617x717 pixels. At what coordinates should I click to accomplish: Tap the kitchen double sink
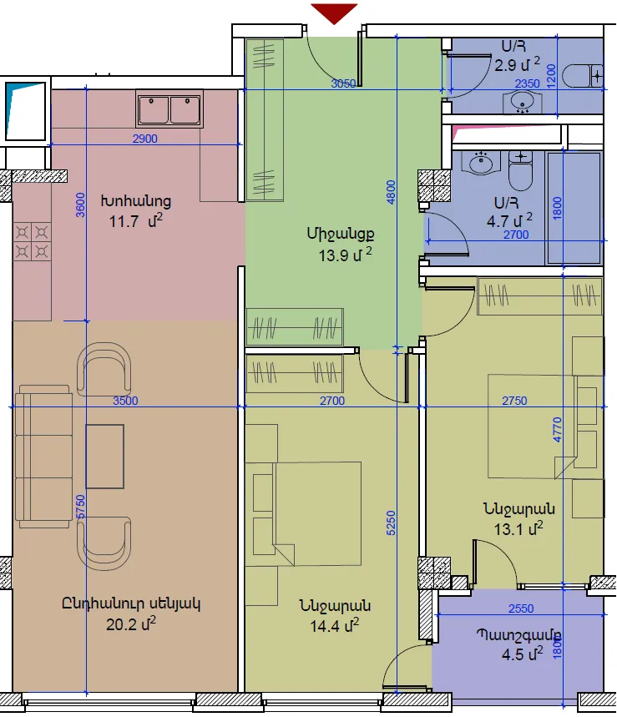point(169,109)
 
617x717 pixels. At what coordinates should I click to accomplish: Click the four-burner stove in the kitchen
point(32,241)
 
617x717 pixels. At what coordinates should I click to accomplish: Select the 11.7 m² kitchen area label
point(136,222)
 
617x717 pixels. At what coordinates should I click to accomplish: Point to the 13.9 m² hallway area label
point(346,255)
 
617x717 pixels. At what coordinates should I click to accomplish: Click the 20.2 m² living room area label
point(131,624)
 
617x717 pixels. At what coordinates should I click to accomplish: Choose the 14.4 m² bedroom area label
point(334,625)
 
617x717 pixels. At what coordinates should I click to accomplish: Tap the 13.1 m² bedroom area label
point(518,528)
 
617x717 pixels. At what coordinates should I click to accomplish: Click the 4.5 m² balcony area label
point(523,654)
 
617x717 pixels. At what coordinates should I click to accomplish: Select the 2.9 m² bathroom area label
point(517,64)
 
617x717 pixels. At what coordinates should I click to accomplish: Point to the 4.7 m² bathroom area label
point(509,221)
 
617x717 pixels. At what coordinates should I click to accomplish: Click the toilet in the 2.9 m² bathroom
point(583,76)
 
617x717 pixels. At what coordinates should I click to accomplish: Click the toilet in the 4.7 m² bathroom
point(521,170)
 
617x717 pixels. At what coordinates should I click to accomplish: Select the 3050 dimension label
point(343,83)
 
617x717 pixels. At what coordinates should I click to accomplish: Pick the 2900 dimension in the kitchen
point(145,139)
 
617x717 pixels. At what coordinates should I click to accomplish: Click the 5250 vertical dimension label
point(391,523)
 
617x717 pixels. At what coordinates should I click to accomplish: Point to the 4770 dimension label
point(557,429)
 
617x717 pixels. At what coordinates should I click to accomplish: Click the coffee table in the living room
point(104,457)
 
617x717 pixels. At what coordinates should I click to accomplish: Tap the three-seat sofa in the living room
point(44,457)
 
